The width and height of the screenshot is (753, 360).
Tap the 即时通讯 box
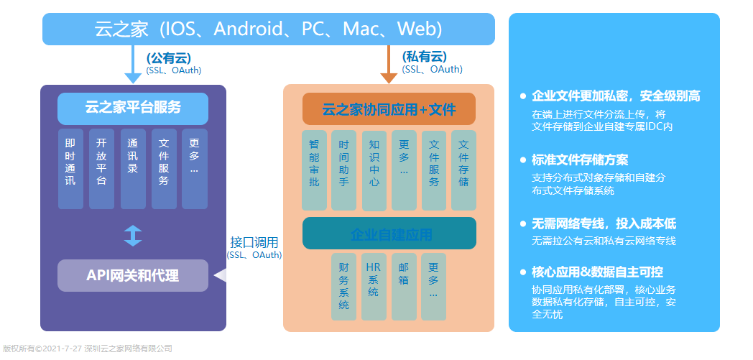point(70,168)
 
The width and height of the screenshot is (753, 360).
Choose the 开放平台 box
point(101,168)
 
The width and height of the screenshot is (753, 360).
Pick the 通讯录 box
point(133,168)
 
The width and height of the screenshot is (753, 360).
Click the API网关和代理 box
point(133,275)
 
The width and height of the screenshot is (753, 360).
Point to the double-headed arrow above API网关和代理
point(133,236)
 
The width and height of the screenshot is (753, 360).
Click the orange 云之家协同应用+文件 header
point(389,109)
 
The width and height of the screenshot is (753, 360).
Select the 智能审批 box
point(314,170)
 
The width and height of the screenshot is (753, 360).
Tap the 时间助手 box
point(344,170)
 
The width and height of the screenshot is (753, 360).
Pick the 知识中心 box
point(374,170)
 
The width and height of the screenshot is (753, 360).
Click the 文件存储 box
point(463,170)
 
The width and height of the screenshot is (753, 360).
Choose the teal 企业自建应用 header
point(389,234)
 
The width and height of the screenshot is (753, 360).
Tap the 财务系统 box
point(344,287)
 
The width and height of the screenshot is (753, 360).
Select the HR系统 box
point(374,287)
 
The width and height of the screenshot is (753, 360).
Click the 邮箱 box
point(404,287)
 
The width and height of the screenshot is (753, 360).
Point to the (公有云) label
point(169,58)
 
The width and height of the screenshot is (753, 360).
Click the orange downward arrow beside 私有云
point(389,65)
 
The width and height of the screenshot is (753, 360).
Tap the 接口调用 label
point(254,242)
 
